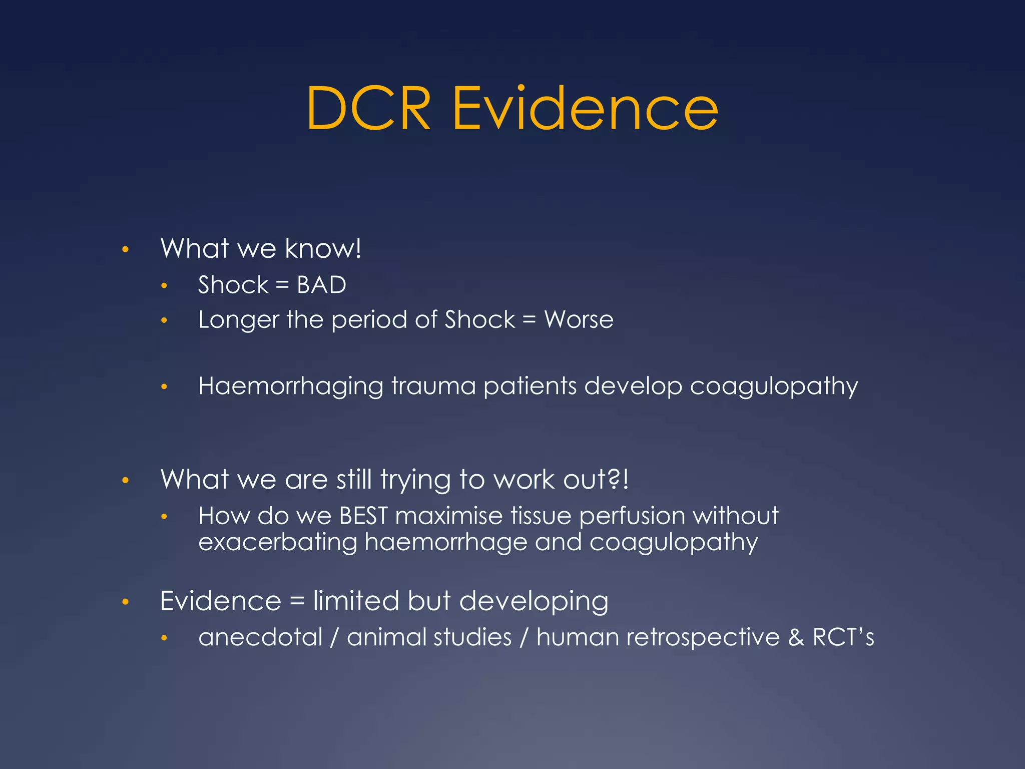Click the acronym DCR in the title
click(368, 109)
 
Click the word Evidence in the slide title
click(585, 109)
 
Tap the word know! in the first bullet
click(323, 248)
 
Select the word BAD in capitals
click(321, 285)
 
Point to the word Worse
click(579, 319)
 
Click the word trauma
click(433, 386)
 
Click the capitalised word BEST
click(363, 516)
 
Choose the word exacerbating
click(277, 542)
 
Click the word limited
click(356, 601)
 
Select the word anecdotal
click(260, 637)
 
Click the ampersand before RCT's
click(796, 637)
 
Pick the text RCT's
click(843, 637)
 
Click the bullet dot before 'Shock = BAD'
click(164, 286)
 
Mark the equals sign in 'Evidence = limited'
click(297, 601)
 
